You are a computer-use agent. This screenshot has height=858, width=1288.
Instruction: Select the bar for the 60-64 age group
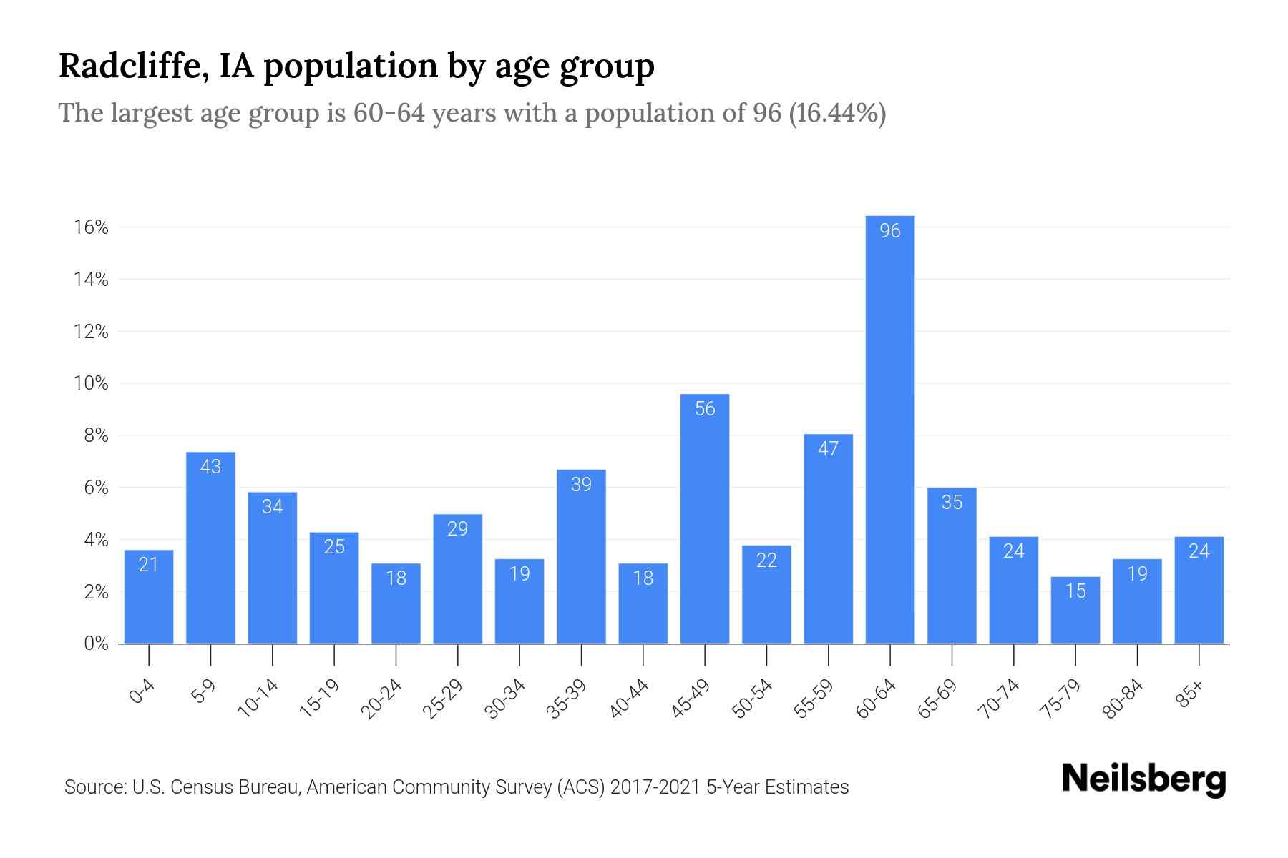pos(889,429)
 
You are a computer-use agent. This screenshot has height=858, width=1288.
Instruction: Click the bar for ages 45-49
pos(705,518)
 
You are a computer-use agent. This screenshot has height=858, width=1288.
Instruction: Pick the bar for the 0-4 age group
pos(149,596)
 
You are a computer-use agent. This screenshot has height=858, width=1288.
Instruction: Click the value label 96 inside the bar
pos(889,230)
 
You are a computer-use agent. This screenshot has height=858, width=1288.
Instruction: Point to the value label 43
pos(210,466)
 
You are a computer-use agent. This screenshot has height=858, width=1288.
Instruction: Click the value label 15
pos(1075,591)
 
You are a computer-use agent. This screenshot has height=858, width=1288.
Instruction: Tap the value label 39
pos(581,484)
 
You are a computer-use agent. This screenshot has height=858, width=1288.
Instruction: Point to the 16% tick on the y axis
pos(91,227)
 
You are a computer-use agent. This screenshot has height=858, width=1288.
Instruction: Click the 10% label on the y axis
pos(91,383)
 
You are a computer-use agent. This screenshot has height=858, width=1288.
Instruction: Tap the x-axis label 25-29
pos(444,699)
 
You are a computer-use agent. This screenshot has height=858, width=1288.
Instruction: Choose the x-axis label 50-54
pos(753,699)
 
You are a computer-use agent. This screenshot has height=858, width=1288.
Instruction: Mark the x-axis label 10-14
pos(258,699)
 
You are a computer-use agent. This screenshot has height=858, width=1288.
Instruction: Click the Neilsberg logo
pos(1143,779)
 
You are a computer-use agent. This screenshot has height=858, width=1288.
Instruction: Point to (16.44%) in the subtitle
pos(837,113)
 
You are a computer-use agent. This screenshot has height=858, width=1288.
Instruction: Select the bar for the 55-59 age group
pos(828,538)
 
